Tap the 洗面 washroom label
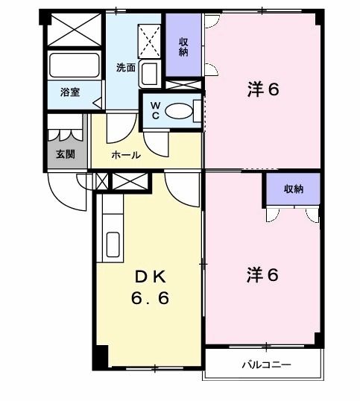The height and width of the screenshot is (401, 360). pyautogui.click(x=126, y=68)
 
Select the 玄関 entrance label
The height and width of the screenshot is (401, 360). pyautogui.click(x=65, y=155)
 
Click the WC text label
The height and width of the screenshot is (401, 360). pyautogui.click(x=155, y=110)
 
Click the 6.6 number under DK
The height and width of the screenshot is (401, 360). pyautogui.click(x=151, y=299)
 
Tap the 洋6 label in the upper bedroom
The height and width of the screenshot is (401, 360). pyautogui.click(x=263, y=89)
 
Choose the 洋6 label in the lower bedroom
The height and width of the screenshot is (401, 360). pyautogui.click(x=263, y=274)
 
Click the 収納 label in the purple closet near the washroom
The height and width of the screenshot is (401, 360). pyautogui.click(x=183, y=47)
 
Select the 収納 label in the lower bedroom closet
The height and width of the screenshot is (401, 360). pyautogui.click(x=294, y=189)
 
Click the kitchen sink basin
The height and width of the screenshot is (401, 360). pyautogui.click(x=114, y=244)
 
